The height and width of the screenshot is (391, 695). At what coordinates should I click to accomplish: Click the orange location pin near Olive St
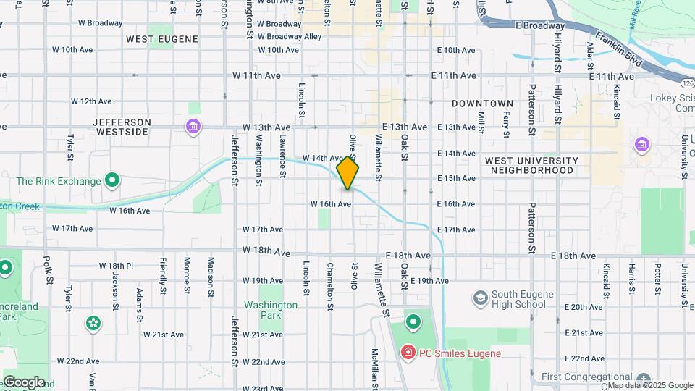[347, 174]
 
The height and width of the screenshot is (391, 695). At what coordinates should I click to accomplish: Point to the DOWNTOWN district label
[482, 104]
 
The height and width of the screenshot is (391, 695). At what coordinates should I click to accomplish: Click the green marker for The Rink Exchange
[111, 179]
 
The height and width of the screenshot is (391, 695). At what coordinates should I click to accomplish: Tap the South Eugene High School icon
[480, 298]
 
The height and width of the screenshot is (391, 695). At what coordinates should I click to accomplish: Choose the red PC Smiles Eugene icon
[408, 353]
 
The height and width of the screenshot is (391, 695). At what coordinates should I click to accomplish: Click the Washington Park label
[271, 310]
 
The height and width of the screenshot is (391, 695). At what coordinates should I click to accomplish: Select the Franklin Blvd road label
[618, 49]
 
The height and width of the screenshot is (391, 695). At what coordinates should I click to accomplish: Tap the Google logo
[24, 382]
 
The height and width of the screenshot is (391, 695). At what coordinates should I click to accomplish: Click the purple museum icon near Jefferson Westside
[193, 127]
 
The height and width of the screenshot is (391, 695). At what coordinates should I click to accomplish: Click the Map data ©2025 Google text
[650, 385]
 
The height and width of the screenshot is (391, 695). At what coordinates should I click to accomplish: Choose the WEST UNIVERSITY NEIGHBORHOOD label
[531, 165]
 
